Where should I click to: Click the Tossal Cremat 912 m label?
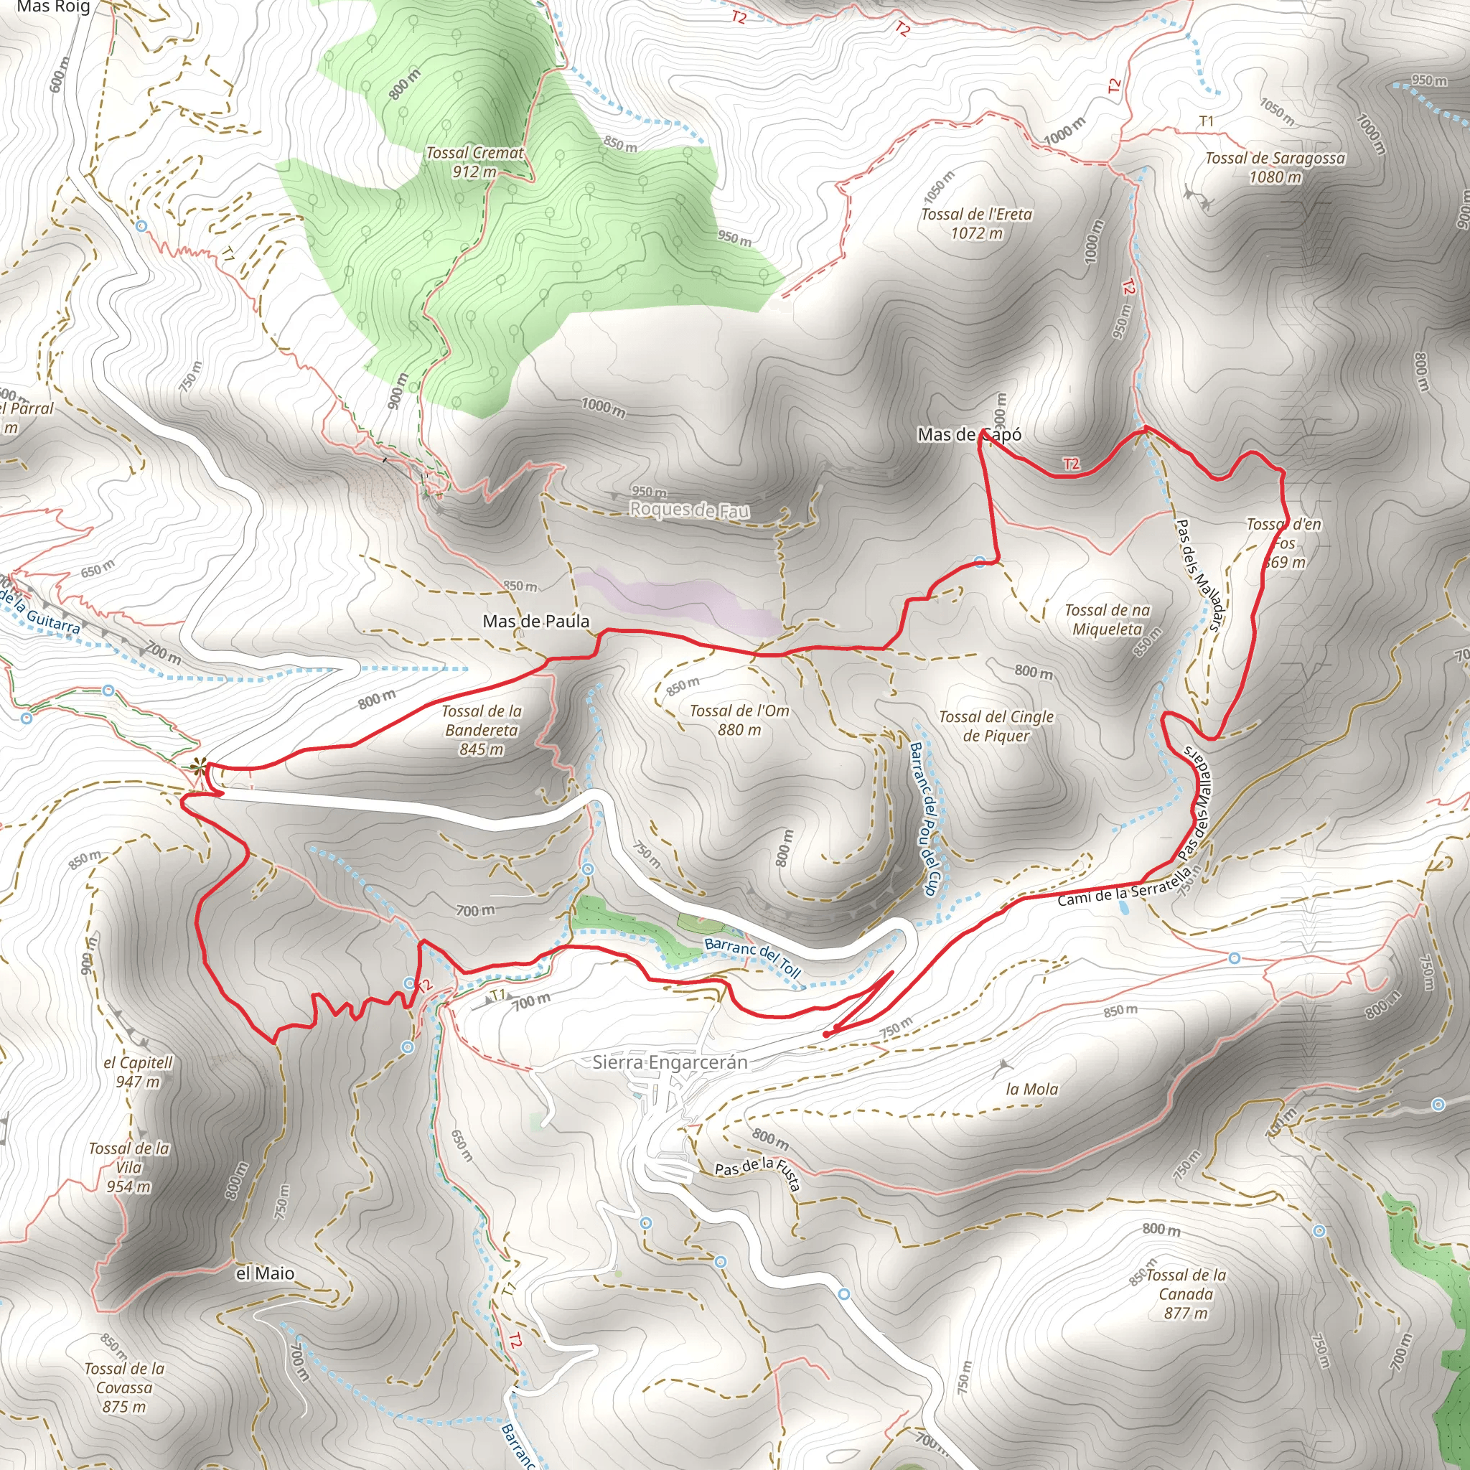coord(474,162)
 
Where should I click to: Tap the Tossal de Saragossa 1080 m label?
coord(1275,167)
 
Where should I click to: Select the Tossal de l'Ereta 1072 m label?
coord(976,224)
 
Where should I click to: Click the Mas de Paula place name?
coord(535,622)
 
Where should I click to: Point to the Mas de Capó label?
coord(968,434)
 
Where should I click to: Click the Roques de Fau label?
coord(689,510)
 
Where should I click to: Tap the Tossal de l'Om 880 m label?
coord(739,720)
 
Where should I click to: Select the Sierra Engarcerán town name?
coord(670,1062)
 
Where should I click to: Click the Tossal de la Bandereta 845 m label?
coord(482,730)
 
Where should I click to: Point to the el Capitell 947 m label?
coord(138,1072)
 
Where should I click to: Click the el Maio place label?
coord(265,1273)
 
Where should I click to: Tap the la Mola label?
coord(1031,1089)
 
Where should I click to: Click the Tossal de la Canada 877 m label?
coord(1186,1293)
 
